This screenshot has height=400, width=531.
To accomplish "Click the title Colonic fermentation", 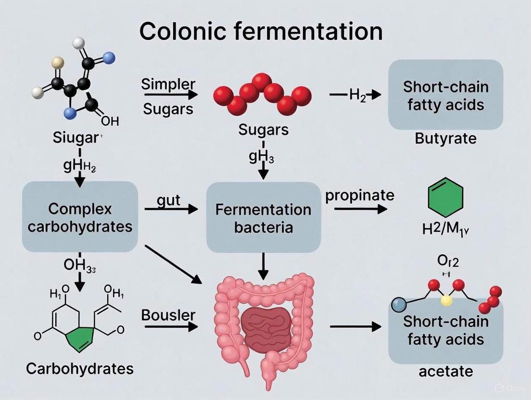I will tap(261, 32).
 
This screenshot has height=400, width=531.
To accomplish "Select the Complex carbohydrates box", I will tap(80, 217).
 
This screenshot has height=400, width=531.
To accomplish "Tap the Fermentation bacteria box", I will tap(263, 218).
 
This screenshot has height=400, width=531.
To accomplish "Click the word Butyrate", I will tap(445, 139).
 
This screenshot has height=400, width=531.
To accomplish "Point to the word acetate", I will tap(445, 371).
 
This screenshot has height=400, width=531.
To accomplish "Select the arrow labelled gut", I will tap(171, 209).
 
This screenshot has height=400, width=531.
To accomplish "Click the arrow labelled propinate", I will tap(360, 209).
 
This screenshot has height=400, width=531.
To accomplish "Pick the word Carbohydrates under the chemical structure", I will tap(79, 369).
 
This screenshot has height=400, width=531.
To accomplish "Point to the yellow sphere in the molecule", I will tap(447, 301).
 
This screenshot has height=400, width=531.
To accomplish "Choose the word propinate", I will tap(360, 195).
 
